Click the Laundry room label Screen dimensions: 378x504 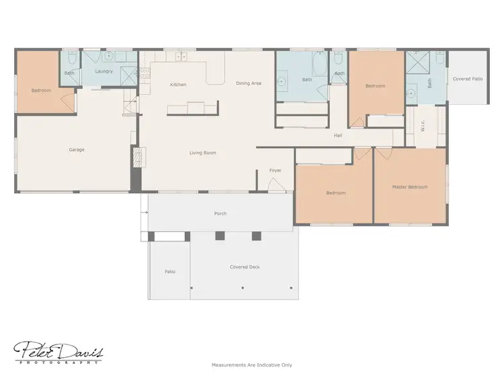[103, 71]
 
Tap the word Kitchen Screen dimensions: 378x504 [178, 85]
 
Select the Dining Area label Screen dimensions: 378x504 [249, 83]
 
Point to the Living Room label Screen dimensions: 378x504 [202, 153]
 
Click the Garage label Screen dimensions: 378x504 [77, 150]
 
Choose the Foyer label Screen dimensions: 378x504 [276, 171]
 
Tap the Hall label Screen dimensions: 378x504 [339, 136]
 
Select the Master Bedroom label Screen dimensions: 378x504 [410, 187]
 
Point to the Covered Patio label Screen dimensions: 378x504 [468, 79]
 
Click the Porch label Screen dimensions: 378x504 [220, 214]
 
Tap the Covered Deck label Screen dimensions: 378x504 [245, 267]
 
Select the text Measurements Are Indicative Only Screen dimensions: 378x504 [252, 365]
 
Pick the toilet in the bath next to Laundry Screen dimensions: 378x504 [69, 59]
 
